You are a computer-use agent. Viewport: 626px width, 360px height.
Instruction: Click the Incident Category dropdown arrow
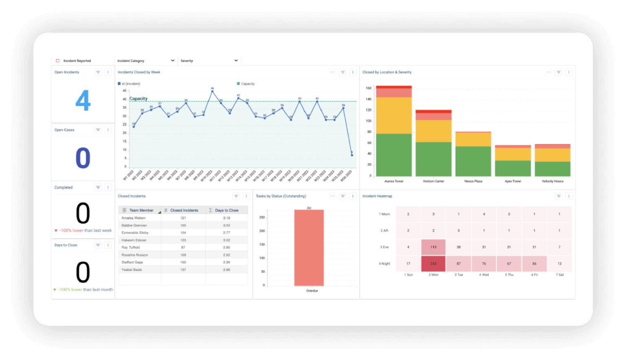(x=173, y=61)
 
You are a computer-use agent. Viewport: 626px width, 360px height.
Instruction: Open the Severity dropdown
(x=236, y=61)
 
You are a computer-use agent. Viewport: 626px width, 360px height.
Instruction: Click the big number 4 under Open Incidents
(x=83, y=101)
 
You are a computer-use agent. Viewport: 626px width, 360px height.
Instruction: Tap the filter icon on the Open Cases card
(x=98, y=130)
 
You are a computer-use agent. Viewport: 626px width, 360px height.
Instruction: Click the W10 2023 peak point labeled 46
(x=212, y=91)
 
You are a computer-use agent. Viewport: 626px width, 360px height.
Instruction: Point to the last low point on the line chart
(x=352, y=155)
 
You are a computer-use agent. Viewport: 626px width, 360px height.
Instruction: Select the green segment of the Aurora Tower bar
(x=394, y=155)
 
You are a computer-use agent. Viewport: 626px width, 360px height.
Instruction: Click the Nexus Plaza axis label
(x=473, y=181)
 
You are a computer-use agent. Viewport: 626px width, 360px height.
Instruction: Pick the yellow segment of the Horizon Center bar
(x=433, y=131)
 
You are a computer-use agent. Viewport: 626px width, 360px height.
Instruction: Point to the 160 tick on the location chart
(x=368, y=88)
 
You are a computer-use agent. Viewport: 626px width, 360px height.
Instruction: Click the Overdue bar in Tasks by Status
(x=309, y=247)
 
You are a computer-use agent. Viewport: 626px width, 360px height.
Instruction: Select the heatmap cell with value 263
(x=433, y=264)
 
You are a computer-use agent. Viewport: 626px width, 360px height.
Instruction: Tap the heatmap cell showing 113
(x=433, y=247)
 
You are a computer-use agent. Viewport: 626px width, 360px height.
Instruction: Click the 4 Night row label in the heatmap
(x=385, y=264)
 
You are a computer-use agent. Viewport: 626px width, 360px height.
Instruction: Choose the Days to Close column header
(x=227, y=210)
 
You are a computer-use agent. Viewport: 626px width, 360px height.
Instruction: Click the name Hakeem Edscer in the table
(x=134, y=240)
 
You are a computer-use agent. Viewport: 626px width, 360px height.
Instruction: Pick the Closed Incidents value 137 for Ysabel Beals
(x=183, y=269)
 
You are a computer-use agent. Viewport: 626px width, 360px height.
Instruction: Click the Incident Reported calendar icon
(x=58, y=61)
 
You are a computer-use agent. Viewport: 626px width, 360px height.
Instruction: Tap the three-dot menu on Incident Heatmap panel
(x=569, y=196)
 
